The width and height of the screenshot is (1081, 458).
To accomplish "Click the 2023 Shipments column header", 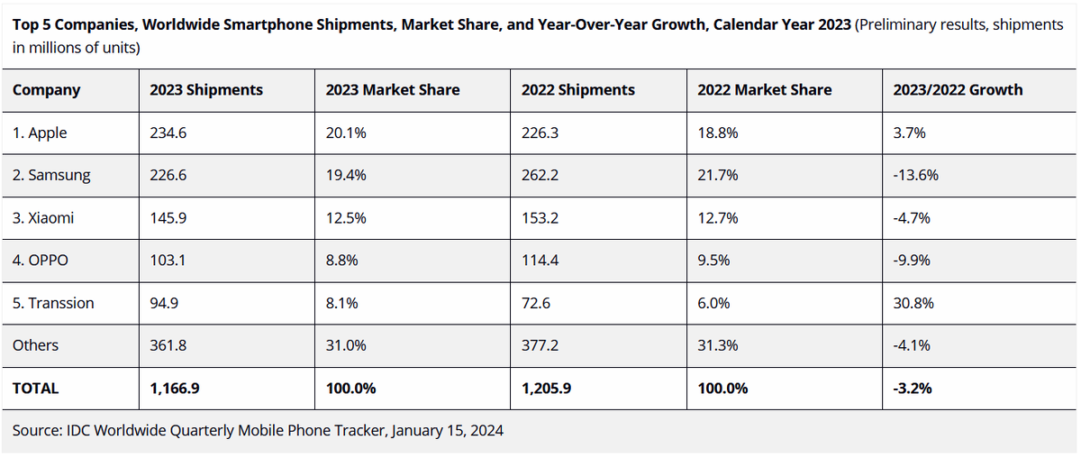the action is (x=206, y=90).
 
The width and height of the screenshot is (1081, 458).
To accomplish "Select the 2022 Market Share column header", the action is (x=765, y=90).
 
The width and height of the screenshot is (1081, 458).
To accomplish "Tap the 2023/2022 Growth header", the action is (x=958, y=90).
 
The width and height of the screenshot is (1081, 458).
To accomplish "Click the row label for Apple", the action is (x=40, y=133).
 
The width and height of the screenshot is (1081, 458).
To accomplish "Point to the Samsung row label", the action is (x=51, y=176).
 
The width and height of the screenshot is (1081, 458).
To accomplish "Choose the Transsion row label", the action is (x=53, y=303).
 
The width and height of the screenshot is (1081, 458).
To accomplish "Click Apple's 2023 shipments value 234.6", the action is (x=168, y=133).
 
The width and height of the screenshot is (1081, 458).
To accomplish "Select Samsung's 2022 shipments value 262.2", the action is (x=540, y=175).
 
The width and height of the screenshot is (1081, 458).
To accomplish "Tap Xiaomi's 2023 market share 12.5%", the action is (x=346, y=218).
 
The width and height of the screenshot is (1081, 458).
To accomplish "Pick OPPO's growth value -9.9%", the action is (x=911, y=261).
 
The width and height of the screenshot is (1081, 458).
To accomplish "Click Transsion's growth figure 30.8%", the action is (x=913, y=303).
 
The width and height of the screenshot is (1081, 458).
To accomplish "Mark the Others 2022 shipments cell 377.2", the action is (x=540, y=345).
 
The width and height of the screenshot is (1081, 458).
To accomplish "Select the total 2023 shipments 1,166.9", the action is (x=174, y=389).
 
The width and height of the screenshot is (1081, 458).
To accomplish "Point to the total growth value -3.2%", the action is (x=912, y=389).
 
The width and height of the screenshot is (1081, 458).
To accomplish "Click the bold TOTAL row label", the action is (x=35, y=389).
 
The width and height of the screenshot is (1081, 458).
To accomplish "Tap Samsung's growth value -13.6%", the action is (x=915, y=175).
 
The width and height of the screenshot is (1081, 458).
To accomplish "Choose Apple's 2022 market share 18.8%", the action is (x=718, y=133).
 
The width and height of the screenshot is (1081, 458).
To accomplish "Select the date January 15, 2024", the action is (x=448, y=430).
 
